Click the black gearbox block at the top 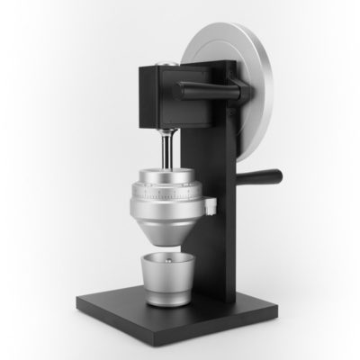[150, 94]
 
